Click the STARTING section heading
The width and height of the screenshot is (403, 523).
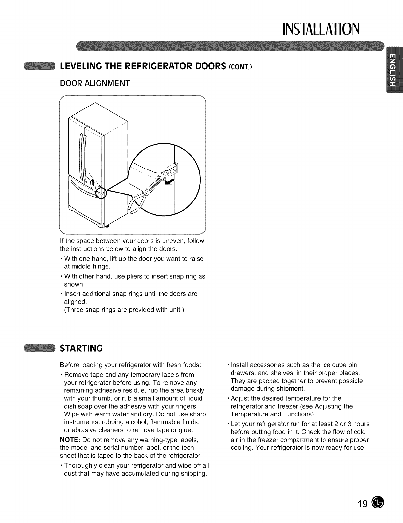pos(81,348)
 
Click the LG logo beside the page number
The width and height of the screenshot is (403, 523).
pos(378,503)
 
